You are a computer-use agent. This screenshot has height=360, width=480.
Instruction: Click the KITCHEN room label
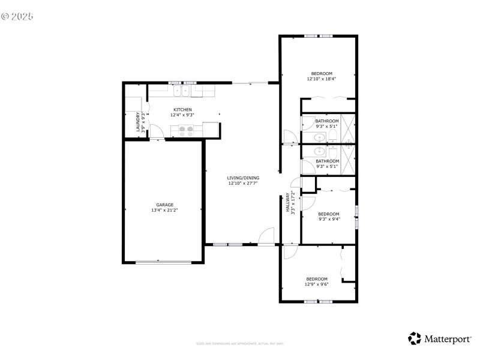tap(183, 110)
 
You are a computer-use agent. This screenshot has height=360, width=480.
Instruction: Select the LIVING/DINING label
tap(243, 178)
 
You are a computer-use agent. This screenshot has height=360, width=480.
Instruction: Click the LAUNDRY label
tap(138, 122)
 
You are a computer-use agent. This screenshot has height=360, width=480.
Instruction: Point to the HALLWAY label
tap(288, 202)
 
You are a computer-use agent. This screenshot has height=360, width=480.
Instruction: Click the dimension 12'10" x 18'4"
tap(321, 79)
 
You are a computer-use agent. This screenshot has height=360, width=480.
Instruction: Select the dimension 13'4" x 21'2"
tap(164, 211)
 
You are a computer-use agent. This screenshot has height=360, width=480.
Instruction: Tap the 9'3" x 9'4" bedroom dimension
tap(328, 220)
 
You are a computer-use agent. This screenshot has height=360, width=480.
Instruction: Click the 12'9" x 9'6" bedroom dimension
tap(317, 284)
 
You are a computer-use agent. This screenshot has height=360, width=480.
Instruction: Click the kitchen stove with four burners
tap(186, 131)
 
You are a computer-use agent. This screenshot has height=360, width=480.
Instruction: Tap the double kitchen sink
tap(181, 91)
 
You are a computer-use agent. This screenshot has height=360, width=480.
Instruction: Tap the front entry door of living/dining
tap(266, 238)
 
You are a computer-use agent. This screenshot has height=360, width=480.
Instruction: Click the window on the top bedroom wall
tap(318, 36)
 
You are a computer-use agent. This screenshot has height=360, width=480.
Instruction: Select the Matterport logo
tap(440, 338)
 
